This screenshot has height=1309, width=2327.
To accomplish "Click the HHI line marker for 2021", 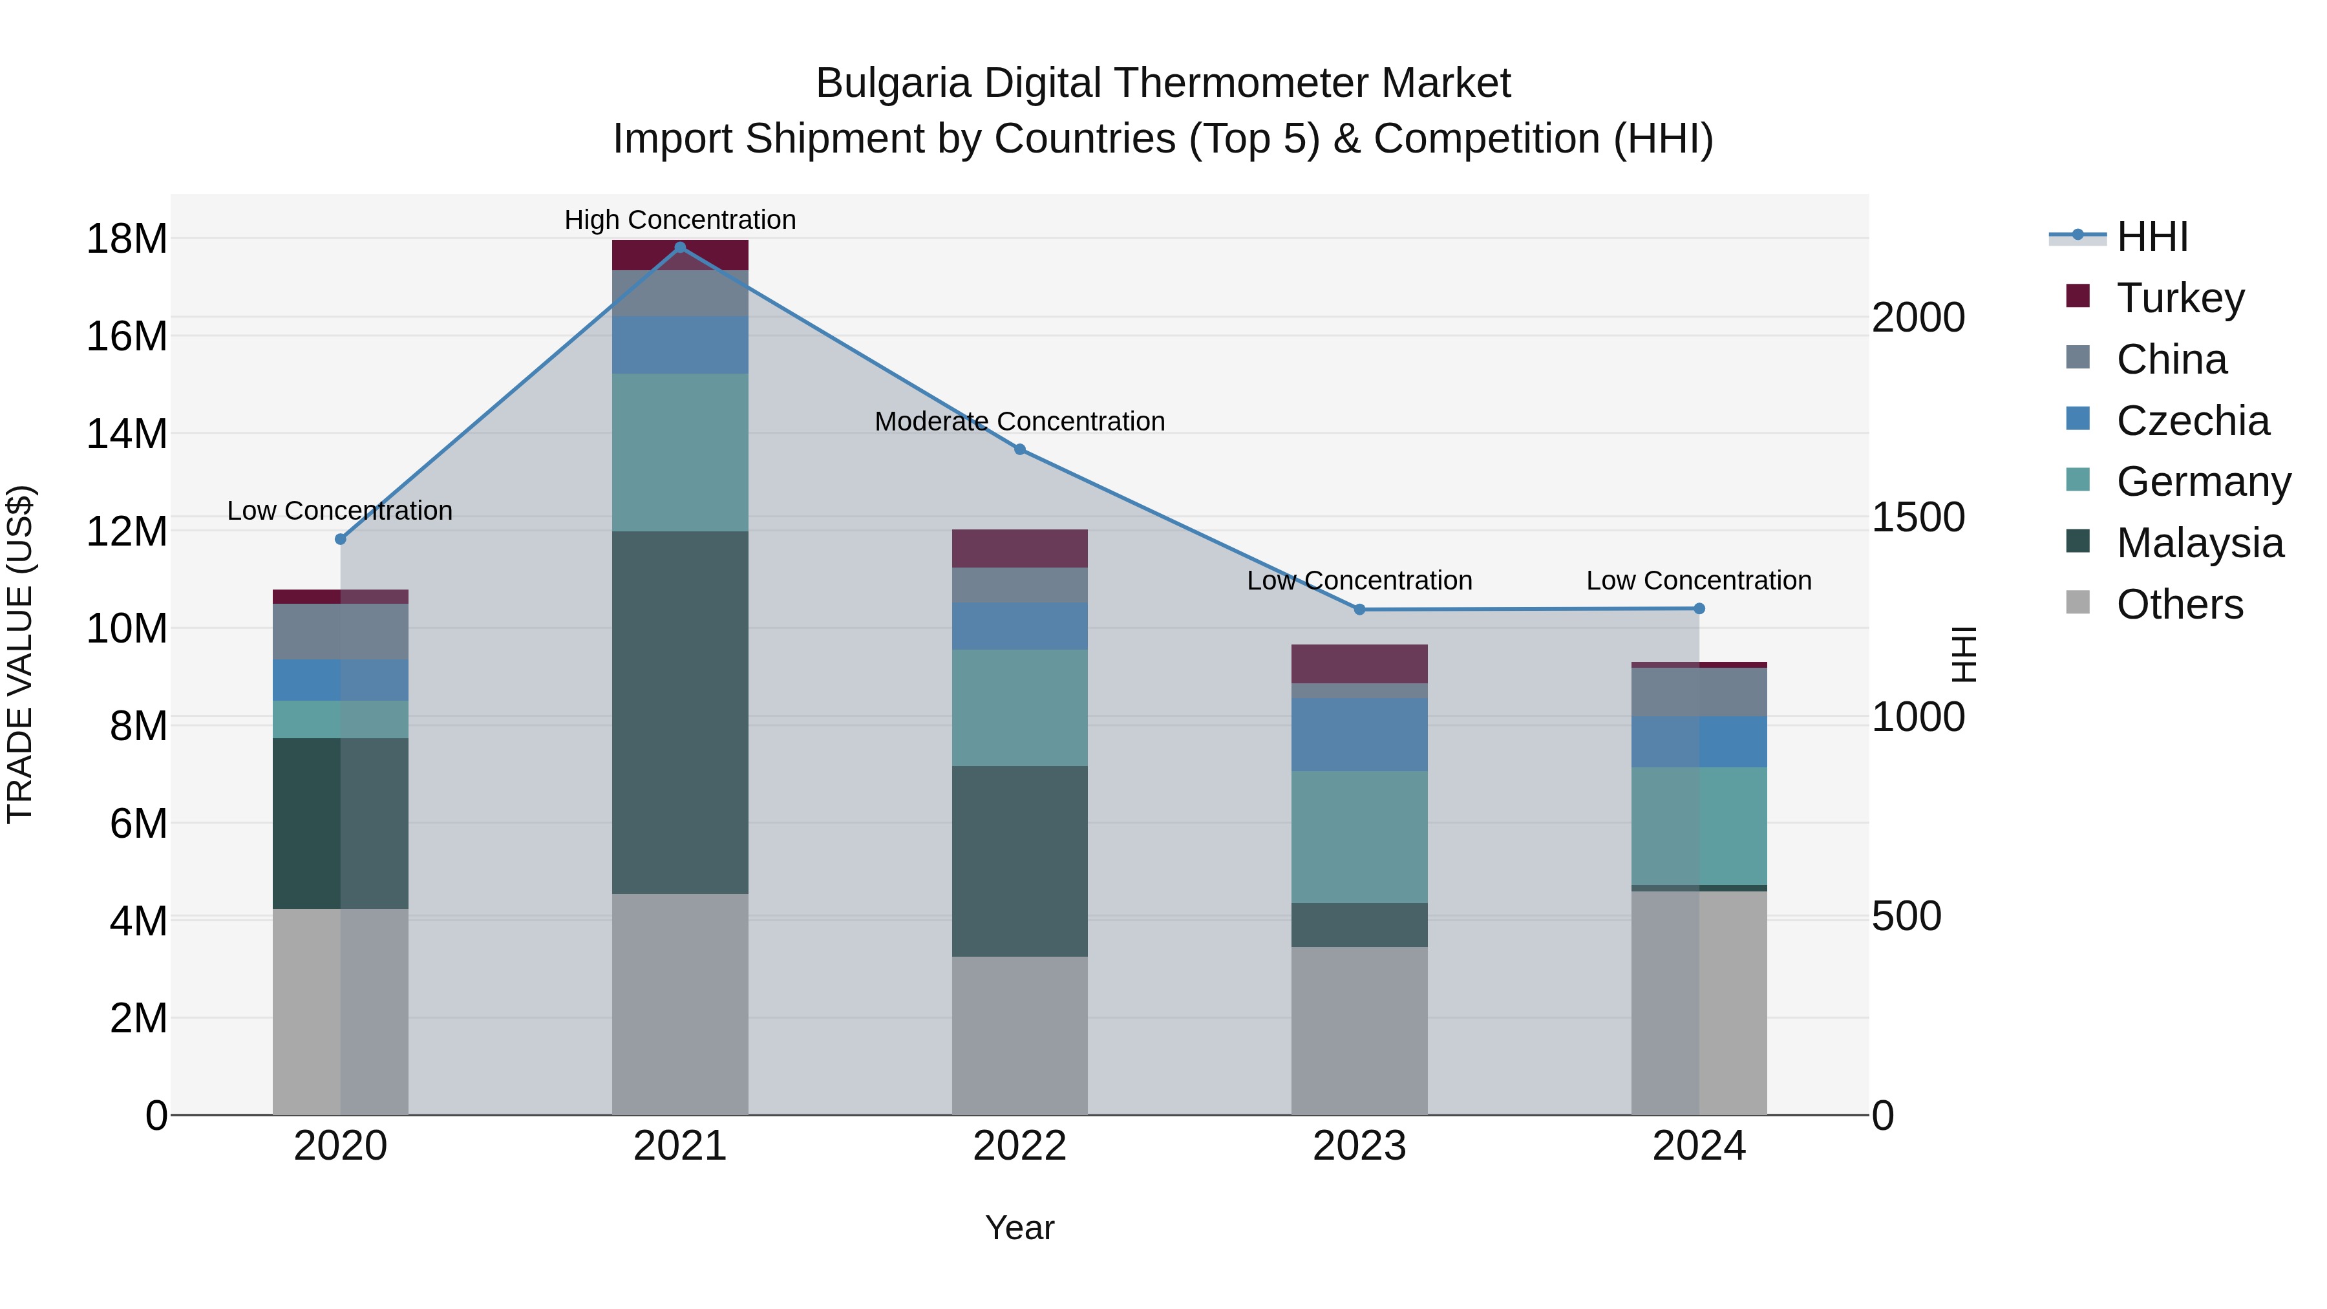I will point(680,247).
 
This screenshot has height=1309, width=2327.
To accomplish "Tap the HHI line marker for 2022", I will point(1020,449).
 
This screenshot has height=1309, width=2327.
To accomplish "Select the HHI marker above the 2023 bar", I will point(1359,610).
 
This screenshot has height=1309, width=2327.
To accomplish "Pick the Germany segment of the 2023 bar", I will point(1359,836).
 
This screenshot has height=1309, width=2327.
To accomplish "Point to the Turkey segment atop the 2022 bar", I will point(1020,548).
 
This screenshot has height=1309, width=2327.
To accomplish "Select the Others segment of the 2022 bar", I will point(1020,1036).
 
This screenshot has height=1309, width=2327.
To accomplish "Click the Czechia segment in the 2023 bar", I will point(1359,734).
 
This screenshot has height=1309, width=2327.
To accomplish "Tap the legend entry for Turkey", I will point(2180,297).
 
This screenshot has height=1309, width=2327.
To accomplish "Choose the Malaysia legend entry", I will point(2199,543).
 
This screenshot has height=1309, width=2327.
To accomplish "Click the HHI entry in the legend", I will point(2152,237).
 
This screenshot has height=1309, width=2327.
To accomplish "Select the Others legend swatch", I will point(2077,602).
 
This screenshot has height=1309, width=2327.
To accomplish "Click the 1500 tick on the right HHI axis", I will point(1918,518).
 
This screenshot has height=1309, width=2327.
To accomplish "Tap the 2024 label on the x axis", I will point(1698,1146).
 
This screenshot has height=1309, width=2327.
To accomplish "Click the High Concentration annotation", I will point(680,220).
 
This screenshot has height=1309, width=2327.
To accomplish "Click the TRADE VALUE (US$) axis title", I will point(20,654).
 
